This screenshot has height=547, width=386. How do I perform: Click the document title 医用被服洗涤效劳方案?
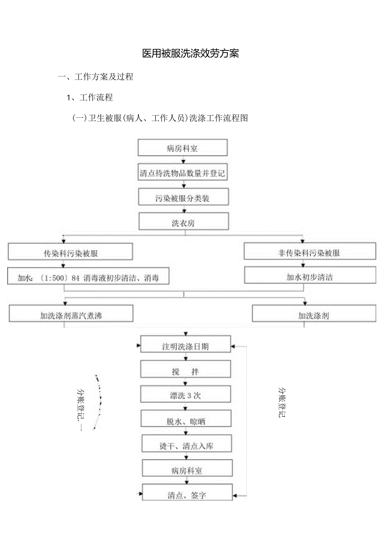(190, 53)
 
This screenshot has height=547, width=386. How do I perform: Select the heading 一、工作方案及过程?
(96, 77)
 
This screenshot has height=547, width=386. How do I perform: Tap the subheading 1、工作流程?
(90, 98)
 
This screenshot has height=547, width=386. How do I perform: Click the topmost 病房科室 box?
(183, 148)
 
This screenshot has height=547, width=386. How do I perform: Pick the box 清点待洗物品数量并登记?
(183, 173)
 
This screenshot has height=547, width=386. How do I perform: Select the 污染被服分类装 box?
(184, 198)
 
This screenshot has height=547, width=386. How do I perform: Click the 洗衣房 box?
(184, 223)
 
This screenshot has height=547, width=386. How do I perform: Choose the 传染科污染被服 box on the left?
(70, 253)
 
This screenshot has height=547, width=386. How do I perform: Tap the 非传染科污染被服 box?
(310, 252)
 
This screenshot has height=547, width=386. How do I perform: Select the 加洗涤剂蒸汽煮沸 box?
(71, 315)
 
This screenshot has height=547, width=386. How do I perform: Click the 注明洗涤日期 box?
(185, 346)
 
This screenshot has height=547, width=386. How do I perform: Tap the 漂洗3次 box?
(185, 395)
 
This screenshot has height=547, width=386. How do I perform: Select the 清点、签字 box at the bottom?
(187, 495)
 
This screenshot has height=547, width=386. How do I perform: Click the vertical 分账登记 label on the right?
(282, 402)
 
